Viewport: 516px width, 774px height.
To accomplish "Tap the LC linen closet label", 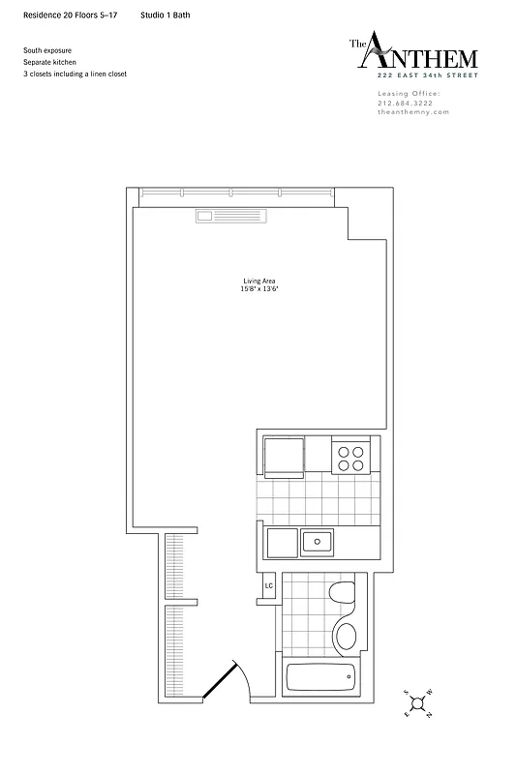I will click(269, 585).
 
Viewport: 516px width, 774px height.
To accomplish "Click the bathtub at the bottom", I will click(321, 676).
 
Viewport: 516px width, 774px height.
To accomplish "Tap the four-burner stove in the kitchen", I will click(350, 457).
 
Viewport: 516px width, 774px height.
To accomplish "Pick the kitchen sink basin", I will click(316, 541).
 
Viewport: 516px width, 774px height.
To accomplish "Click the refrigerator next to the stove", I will click(283, 457).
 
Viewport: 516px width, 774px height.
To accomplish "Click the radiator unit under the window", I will click(230, 217).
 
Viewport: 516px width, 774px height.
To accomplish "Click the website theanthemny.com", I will click(412, 112).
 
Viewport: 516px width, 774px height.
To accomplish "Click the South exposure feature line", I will click(48, 49).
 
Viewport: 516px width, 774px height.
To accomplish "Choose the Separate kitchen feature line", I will click(50, 61).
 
